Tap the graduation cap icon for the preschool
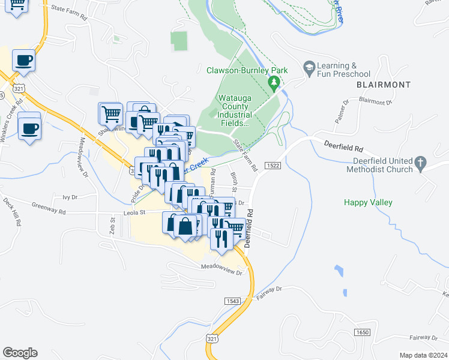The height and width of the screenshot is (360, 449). click(310, 66)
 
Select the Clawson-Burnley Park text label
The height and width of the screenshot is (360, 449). click(247, 70)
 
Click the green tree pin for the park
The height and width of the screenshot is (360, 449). click(274, 81)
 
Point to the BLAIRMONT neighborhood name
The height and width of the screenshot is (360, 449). click(379, 85)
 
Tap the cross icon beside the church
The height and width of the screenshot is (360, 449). click(421, 162)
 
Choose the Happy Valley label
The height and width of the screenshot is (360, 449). click(368, 202)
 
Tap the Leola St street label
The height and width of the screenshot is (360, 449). click(134, 212)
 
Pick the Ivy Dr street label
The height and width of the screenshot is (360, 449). click(70, 197)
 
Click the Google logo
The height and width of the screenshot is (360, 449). click(20, 353)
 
